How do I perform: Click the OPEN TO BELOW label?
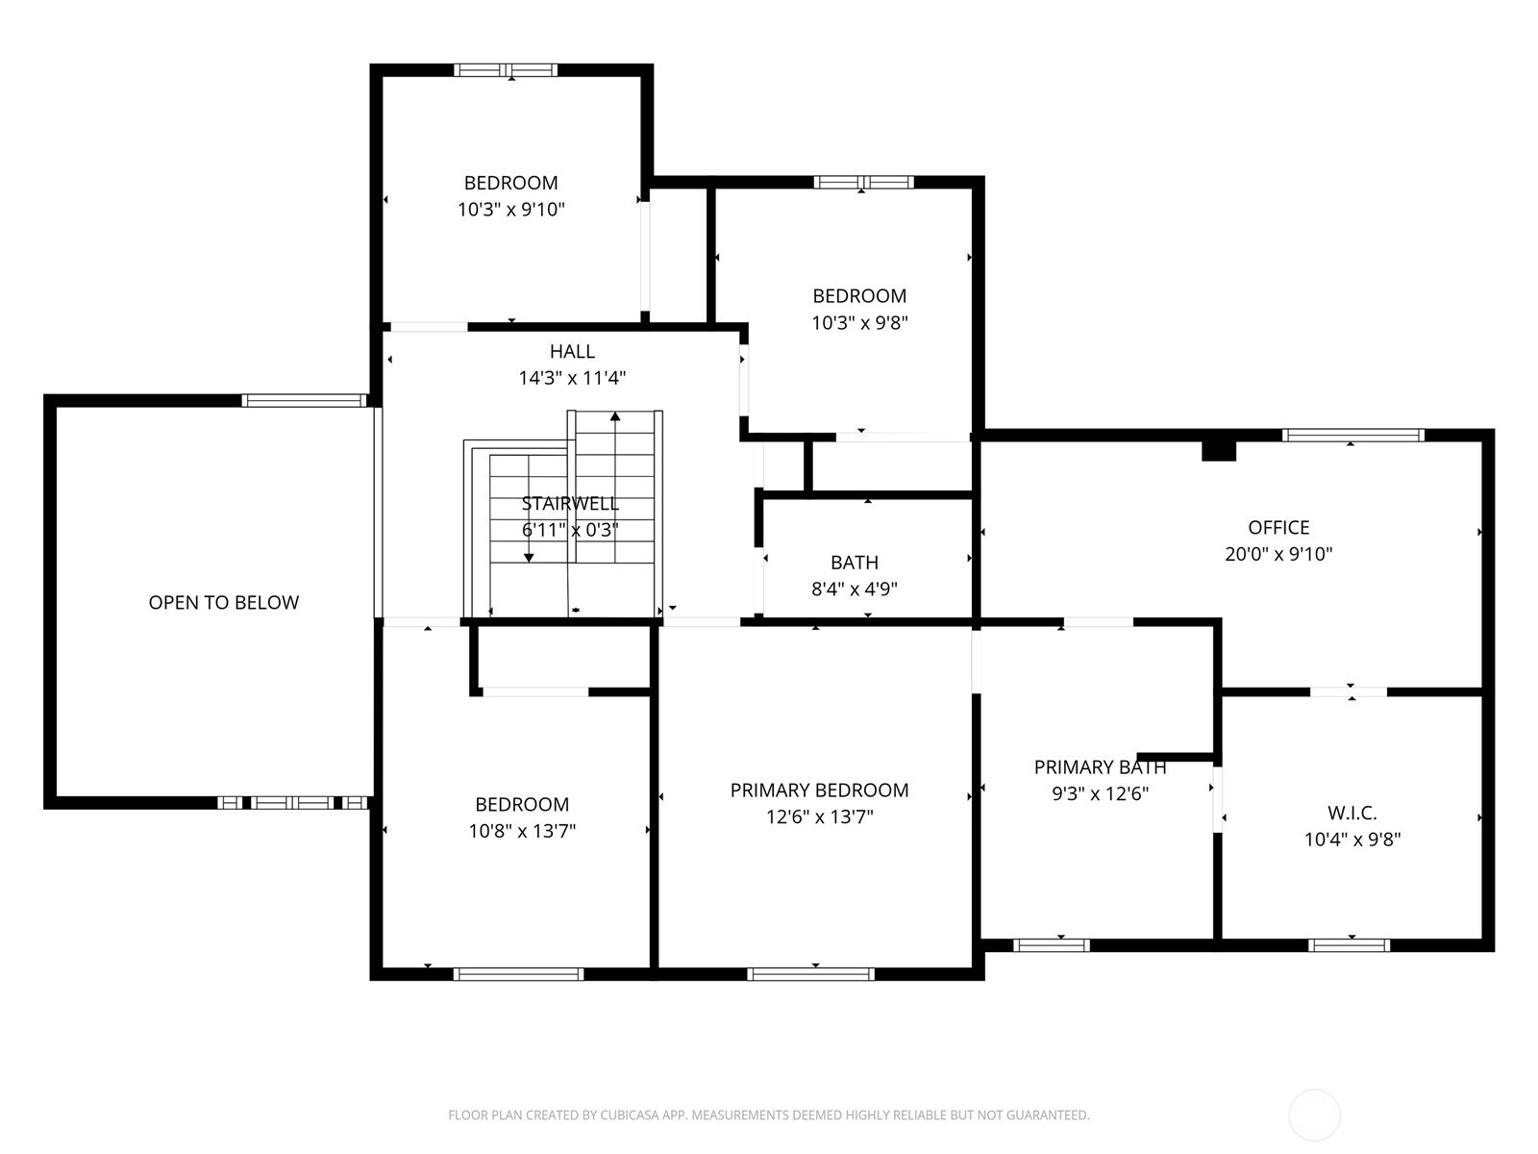click(224, 602)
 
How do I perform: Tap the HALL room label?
click(572, 351)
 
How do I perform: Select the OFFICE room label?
click(1278, 527)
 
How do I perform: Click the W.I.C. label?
click(1352, 813)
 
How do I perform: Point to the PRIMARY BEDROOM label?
click(819, 790)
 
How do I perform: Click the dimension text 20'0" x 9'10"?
click(1278, 554)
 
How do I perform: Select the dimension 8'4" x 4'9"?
click(855, 589)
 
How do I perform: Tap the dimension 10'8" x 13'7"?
click(522, 830)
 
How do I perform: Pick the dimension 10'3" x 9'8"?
click(859, 322)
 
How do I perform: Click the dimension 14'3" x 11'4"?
click(572, 378)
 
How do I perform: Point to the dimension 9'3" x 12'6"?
click(1100, 793)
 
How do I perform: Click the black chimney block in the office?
click(1219, 450)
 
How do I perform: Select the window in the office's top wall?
click(1353, 435)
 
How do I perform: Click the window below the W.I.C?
click(1349, 945)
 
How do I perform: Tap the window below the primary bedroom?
click(810, 974)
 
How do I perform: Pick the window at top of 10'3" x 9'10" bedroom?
click(506, 70)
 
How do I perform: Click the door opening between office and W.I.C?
click(1348, 691)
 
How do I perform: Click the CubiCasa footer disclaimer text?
click(769, 1114)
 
